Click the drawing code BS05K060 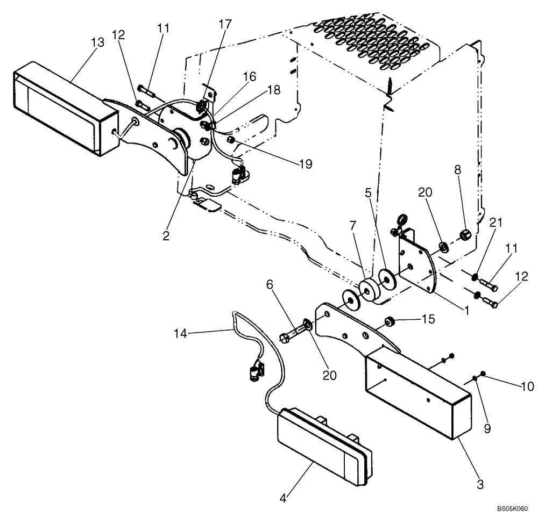[513, 507]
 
